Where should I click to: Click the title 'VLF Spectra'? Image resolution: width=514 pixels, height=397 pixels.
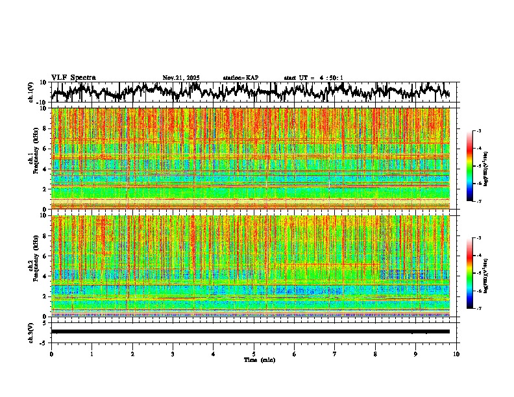coord(73,78)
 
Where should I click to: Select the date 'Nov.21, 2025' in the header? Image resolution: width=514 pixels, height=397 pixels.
coord(181,78)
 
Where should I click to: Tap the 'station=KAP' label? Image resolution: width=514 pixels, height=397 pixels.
coord(241,78)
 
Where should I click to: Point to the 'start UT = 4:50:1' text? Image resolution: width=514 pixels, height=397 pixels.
coord(313,78)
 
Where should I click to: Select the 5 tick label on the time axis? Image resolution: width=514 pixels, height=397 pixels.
coord(254,354)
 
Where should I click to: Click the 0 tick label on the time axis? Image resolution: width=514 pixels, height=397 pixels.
coord(51,354)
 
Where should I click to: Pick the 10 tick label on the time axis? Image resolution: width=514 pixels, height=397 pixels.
coord(456,354)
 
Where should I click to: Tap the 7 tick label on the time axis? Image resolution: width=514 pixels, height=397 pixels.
coord(335,354)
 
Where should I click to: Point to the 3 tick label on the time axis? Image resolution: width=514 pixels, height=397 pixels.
coord(173,354)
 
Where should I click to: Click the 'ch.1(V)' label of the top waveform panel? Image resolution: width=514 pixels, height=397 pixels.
coord(31,92)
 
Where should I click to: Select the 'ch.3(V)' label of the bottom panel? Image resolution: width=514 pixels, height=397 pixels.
coord(31,331)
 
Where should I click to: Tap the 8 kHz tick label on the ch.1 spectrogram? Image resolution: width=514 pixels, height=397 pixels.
coord(45,128)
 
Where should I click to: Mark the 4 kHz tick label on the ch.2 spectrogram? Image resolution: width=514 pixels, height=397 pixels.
coord(45,276)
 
